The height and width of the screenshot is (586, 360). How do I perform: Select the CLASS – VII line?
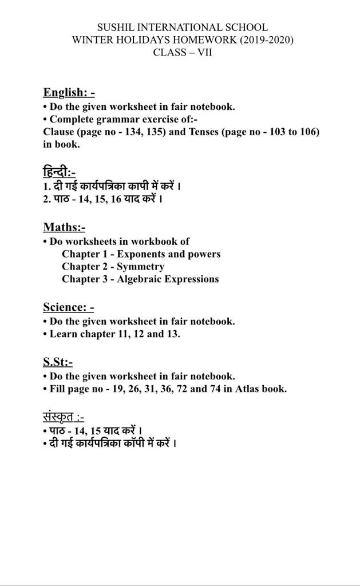click(x=183, y=53)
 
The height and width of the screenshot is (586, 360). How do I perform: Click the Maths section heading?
click(x=64, y=227)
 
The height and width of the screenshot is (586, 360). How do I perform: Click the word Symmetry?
click(x=140, y=267)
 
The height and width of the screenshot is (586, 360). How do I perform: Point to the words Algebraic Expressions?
click(x=168, y=279)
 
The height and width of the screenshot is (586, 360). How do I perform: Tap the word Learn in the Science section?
click(x=64, y=334)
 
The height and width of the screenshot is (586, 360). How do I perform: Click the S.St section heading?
click(x=58, y=362)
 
